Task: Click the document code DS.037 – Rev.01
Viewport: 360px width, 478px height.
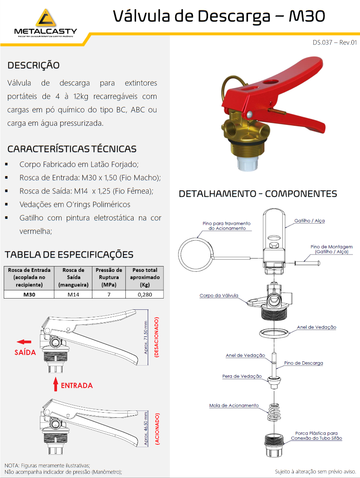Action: pos(335,42)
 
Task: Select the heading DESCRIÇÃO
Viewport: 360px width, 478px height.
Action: pos(33,65)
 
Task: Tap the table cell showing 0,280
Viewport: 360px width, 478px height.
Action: pos(144,294)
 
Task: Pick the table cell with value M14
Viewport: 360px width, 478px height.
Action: pos(73,294)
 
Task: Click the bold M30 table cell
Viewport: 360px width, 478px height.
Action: pos(29,294)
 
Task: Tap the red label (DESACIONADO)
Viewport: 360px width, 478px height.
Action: pos(157,338)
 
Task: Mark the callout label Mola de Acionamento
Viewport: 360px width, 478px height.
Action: pos(233,406)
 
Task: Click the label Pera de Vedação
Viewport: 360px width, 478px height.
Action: pos(242,376)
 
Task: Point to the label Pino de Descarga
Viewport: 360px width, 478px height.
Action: pos(303,363)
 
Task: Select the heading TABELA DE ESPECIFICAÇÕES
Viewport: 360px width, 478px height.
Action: pos(69,255)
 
